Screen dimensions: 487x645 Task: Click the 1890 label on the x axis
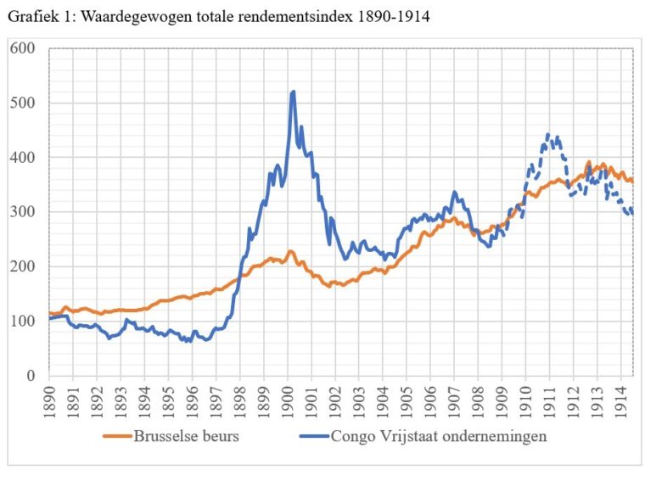click(x=49, y=398)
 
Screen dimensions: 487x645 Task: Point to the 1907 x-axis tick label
click(x=454, y=398)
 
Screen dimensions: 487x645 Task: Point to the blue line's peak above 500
click(x=293, y=92)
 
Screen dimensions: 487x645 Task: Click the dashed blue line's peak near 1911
click(x=548, y=135)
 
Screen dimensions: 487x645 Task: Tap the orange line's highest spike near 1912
click(x=588, y=161)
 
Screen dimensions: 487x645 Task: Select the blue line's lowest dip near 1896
click(x=188, y=340)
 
